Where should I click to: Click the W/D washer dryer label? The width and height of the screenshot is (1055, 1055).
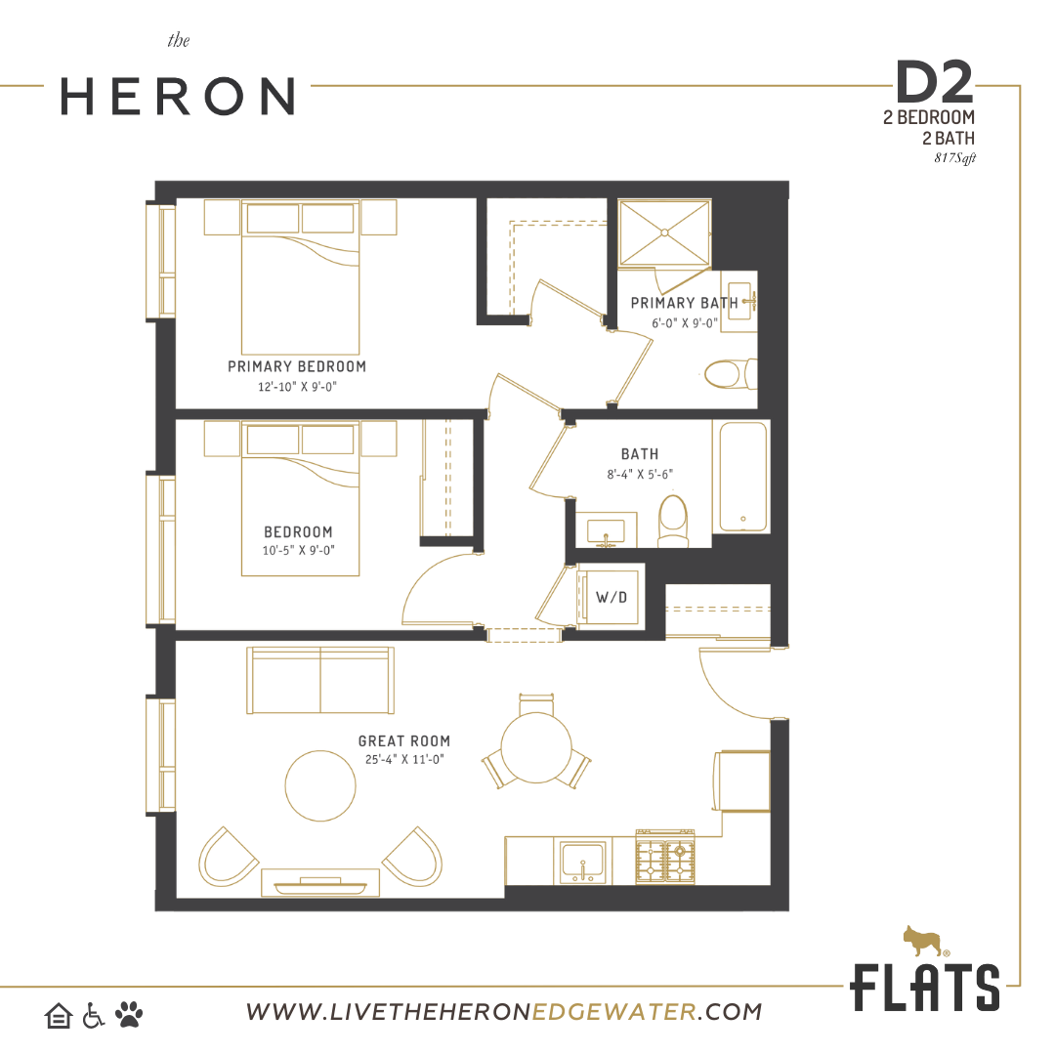[611, 597]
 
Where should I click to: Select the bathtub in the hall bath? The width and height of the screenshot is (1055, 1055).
[742, 477]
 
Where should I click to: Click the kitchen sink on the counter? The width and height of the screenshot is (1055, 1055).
[582, 862]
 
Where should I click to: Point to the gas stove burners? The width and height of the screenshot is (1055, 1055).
[665, 859]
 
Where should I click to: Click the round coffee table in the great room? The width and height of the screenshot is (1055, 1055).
[320, 785]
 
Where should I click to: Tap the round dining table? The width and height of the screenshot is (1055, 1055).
[536, 747]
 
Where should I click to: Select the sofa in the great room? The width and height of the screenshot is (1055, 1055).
[320, 680]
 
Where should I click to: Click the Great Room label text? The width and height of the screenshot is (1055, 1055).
[403, 740]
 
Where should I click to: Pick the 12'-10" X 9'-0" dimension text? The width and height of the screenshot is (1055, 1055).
[297, 387]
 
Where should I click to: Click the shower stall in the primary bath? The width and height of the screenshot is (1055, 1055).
[664, 232]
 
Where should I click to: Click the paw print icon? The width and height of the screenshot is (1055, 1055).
[129, 1014]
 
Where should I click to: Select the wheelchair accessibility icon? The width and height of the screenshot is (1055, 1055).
[94, 1015]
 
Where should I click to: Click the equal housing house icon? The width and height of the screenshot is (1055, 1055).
[59, 1016]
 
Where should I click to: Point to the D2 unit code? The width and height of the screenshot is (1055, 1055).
[935, 82]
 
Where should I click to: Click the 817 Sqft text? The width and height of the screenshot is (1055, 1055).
[954, 158]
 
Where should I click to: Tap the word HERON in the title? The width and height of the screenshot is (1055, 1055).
[178, 96]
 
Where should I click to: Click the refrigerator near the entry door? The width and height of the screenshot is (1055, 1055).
[742, 781]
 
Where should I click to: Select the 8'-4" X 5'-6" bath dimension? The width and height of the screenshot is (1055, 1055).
[640, 475]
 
